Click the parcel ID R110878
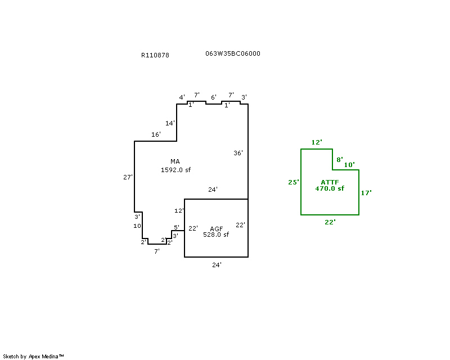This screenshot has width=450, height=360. click(155, 55)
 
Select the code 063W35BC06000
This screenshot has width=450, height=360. click(232, 53)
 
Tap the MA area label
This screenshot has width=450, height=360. click(175, 162)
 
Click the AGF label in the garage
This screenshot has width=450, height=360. click(217, 228)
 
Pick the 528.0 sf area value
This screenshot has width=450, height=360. click(216, 235)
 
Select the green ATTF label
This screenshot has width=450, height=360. click(330, 182)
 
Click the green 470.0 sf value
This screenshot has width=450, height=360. click(330, 188)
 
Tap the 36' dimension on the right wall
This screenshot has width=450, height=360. click(238, 153)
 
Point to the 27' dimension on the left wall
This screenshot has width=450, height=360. click(128, 177)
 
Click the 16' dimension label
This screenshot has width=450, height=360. click(156, 134)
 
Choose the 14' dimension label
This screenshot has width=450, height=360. click(170, 123)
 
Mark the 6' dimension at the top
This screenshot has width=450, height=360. click(213, 97)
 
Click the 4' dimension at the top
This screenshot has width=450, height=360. click(182, 97)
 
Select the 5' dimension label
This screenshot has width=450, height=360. click(176, 228)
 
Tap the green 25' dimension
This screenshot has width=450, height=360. click(292, 182)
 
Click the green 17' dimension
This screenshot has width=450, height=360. click(366, 193)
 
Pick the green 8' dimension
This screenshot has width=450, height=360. click(339, 160)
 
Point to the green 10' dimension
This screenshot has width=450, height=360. click(349, 165)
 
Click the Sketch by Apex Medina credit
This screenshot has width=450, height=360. click(34, 356)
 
